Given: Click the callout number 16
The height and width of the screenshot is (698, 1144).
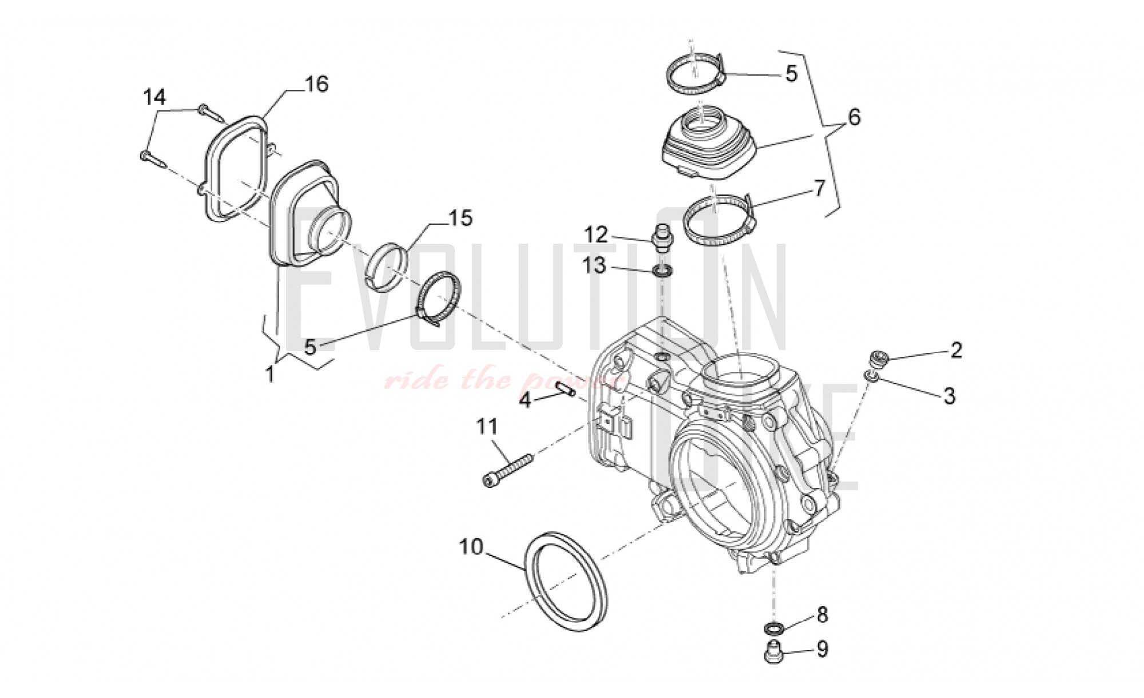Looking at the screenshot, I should [317, 84].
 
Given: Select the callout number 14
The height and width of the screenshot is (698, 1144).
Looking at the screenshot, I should [154, 97].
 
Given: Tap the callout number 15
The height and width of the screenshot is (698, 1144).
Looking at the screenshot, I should [460, 218].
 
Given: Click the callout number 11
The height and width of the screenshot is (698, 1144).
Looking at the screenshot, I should [488, 426].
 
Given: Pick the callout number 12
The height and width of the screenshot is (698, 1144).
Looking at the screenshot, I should [595, 235].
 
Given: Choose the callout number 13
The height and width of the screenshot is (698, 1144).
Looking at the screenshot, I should [595, 265].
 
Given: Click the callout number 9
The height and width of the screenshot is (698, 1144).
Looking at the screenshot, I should [822, 649].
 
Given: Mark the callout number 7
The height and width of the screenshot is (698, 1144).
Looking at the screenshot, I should [820, 187].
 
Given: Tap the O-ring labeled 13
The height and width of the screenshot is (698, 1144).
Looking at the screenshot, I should [663, 270].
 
